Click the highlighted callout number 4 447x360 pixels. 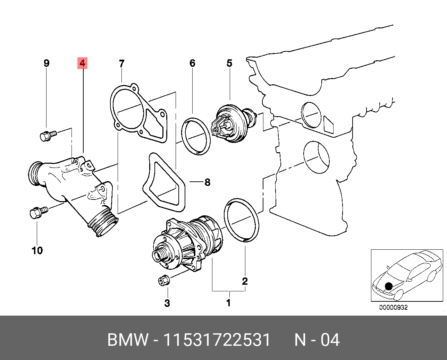82,63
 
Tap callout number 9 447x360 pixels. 47,63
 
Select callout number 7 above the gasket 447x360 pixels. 121,63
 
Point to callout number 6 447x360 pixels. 192,63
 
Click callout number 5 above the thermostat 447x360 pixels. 229,63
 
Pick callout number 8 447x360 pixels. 207,182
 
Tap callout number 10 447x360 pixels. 37,250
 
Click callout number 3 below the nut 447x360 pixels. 167,303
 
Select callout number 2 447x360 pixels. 245,281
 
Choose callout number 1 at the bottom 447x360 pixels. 228,303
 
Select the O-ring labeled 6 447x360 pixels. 196,136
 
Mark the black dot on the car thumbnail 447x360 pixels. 389,286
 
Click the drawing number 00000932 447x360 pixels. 393,307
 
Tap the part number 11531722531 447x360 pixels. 217,340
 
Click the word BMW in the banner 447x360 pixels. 127,340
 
